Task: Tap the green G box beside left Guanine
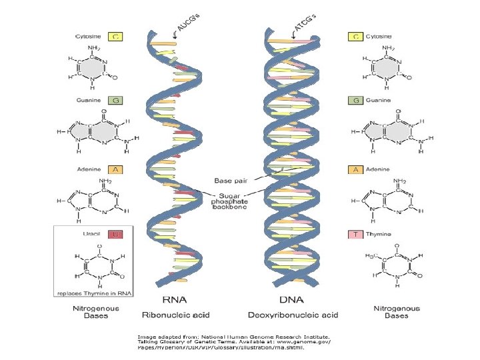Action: click(x=116, y=100)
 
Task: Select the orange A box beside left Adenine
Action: click(x=116, y=169)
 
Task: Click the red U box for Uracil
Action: click(x=116, y=234)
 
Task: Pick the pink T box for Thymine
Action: click(x=354, y=234)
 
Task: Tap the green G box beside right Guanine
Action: click(x=354, y=100)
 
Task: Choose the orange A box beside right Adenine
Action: click(x=354, y=169)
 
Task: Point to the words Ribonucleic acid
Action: click(x=174, y=315)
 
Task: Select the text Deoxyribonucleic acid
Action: click(x=293, y=315)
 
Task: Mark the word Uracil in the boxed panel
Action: click(x=89, y=234)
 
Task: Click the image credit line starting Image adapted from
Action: click(x=233, y=337)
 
